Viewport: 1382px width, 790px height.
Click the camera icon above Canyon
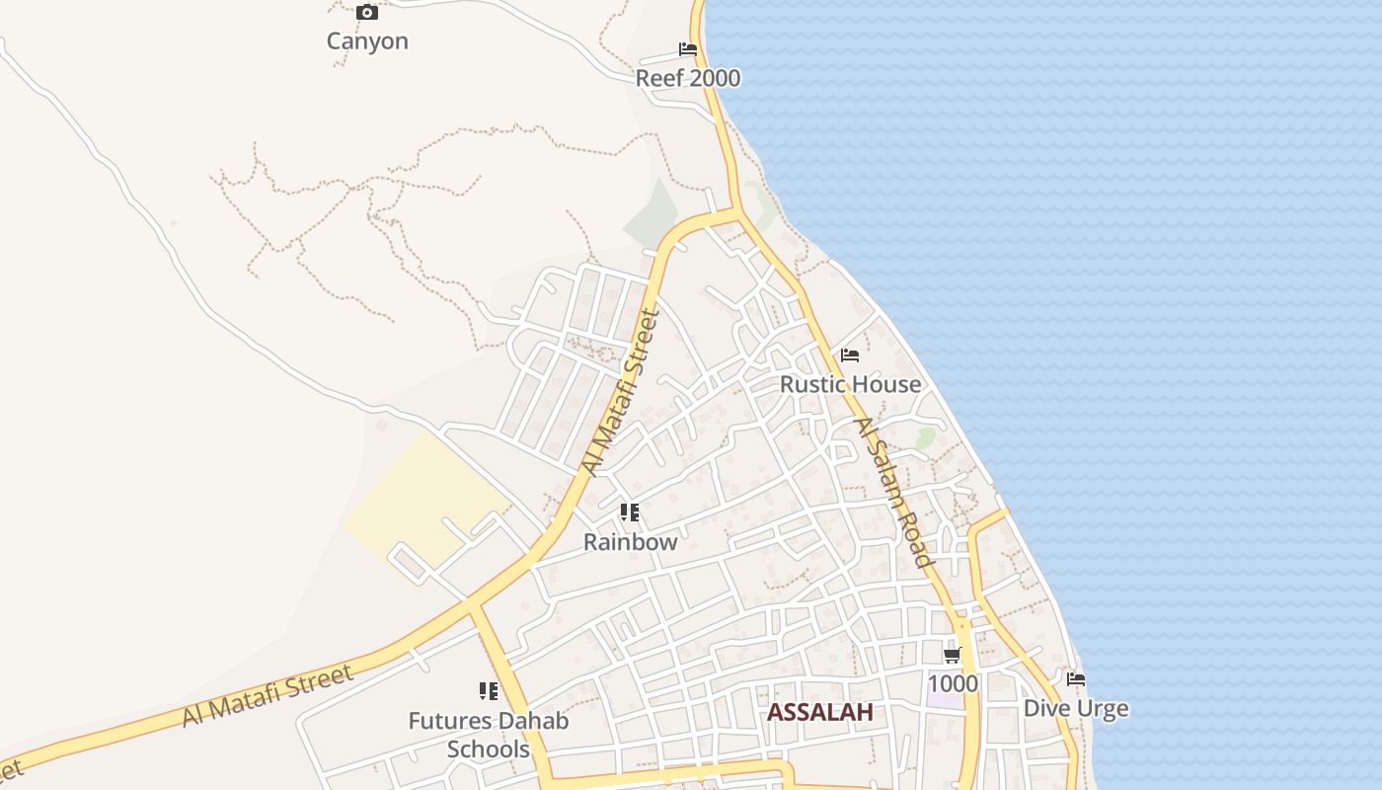tap(367, 13)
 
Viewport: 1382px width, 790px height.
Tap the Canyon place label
tap(367, 41)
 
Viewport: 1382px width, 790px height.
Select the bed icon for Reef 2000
tap(688, 49)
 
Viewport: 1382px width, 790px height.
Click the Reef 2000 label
tap(688, 79)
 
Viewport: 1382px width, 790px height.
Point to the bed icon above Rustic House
tap(850, 355)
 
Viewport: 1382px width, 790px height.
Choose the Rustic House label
tap(850, 384)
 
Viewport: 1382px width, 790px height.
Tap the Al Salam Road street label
tap(893, 493)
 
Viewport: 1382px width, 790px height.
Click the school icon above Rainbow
tap(630, 513)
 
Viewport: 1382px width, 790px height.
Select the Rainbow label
tap(630, 542)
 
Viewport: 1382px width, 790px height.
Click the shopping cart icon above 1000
tap(953, 655)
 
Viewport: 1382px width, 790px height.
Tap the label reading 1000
tap(953, 683)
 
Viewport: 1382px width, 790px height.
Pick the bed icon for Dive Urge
tap(1076, 679)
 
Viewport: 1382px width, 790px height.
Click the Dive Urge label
tap(1076, 709)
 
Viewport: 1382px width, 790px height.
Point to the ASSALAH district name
tap(820, 712)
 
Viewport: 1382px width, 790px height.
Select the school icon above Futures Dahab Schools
tap(489, 691)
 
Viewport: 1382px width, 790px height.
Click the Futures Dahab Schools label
tap(489, 735)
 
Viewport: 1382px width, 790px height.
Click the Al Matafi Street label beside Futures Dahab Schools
tap(267, 696)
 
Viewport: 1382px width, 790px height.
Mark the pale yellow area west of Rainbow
tap(424, 499)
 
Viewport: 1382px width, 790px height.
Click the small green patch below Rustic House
tap(925, 437)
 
